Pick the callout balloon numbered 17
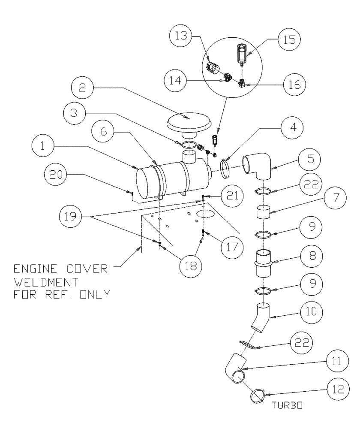tap(228, 247)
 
